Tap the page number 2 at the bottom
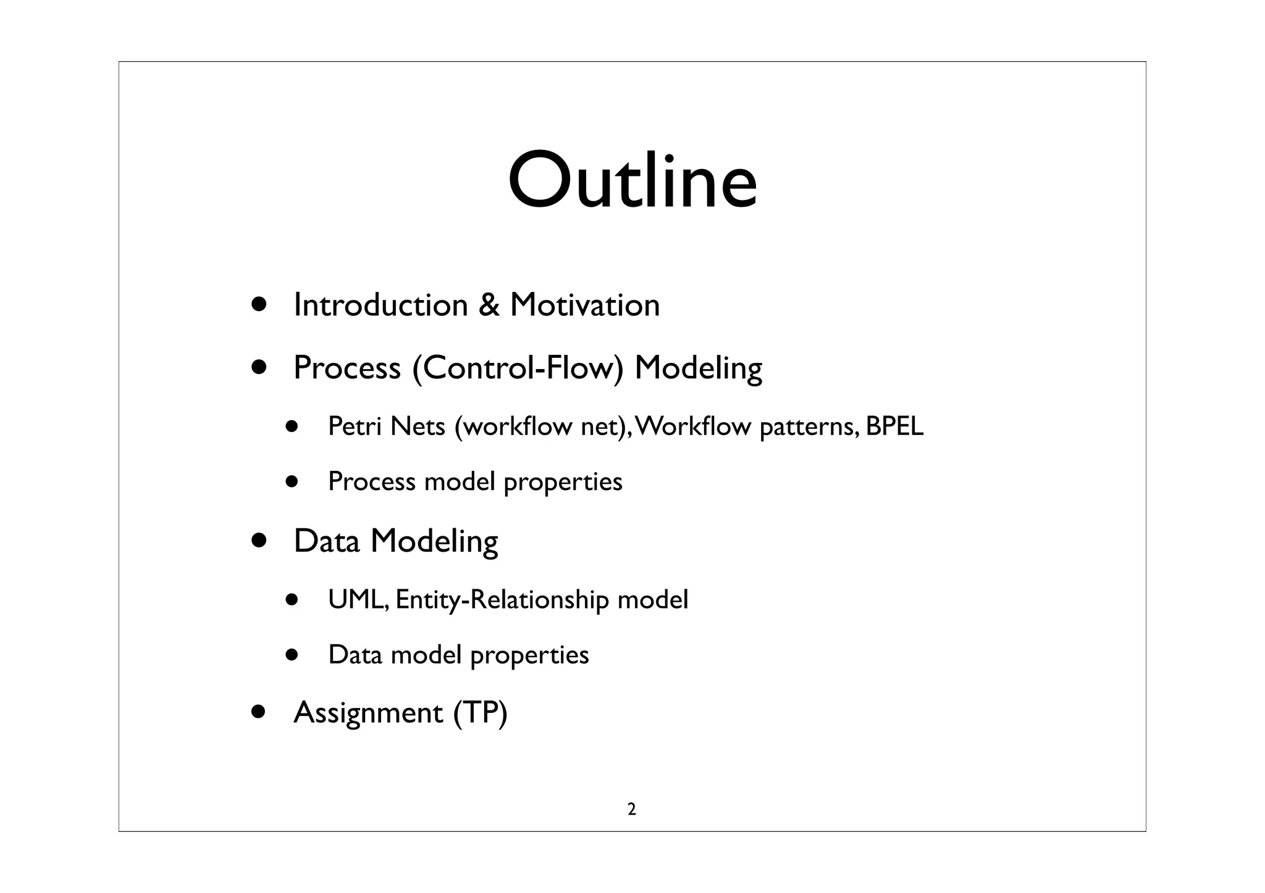[x=631, y=809]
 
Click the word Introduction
[x=380, y=305]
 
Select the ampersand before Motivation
[x=489, y=305]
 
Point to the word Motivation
[x=584, y=305]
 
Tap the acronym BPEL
[x=894, y=426]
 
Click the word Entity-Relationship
[x=502, y=600]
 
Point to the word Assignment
[x=368, y=713]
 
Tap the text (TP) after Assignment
[x=480, y=713]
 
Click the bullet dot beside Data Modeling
[x=259, y=541]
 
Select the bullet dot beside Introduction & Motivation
[x=259, y=304]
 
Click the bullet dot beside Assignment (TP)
[x=259, y=712]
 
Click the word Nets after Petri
[x=418, y=426]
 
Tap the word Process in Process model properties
[x=371, y=481]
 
